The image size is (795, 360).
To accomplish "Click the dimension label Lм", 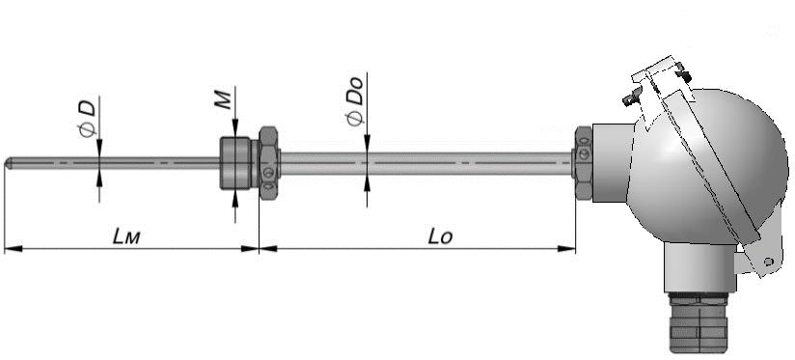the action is (x=125, y=235).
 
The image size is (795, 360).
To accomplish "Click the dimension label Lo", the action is (x=440, y=235).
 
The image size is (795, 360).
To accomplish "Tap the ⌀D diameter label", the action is (x=87, y=119).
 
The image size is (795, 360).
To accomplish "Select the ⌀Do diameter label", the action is (x=354, y=101).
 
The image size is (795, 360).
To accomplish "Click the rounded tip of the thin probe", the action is (x=6, y=163).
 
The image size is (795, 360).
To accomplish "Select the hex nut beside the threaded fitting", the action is (x=269, y=163).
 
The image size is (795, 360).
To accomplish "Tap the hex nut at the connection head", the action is (x=583, y=163).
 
